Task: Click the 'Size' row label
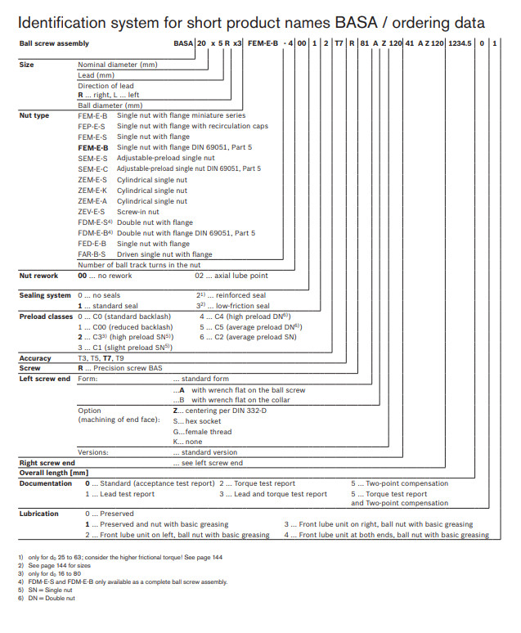26,64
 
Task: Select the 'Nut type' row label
34,115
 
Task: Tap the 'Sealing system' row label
45,295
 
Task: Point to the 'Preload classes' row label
46,316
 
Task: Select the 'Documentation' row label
46,483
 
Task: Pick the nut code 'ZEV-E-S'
92,211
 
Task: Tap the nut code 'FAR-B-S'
92,254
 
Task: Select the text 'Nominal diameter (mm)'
117,64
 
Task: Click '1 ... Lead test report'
120,494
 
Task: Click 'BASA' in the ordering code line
182,43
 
